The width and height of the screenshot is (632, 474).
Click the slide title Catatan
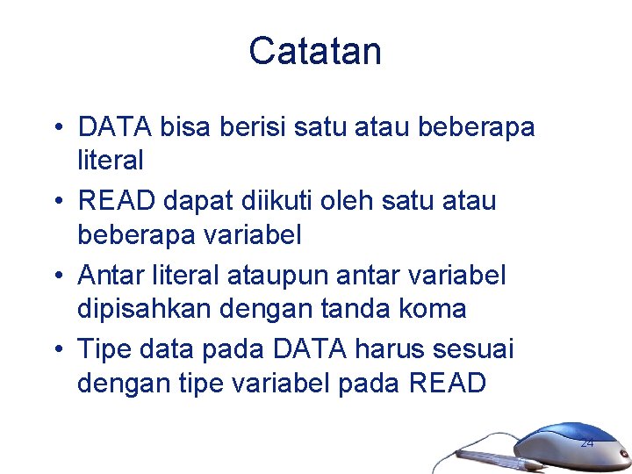(x=315, y=51)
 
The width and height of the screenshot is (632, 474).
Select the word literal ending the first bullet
(x=111, y=161)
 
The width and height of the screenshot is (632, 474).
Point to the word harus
(x=391, y=349)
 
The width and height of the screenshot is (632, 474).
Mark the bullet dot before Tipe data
(x=56, y=350)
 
